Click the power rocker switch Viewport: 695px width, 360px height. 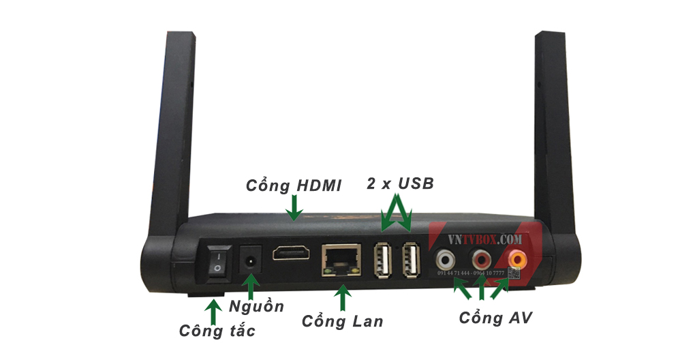click(217, 262)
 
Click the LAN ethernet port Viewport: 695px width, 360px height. click(341, 258)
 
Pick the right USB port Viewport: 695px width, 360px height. click(410, 260)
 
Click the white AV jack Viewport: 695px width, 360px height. click(446, 259)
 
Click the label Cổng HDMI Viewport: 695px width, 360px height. click(294, 185)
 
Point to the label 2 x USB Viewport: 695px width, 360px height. click(399, 183)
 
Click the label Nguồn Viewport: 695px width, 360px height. click(256, 307)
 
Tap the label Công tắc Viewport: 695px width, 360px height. click(217, 331)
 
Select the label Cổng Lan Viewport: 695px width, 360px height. click(343, 320)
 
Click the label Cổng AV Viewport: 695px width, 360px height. click(495, 317)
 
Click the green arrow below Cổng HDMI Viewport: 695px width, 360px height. click(294, 208)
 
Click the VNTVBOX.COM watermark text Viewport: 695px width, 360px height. click(485, 239)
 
